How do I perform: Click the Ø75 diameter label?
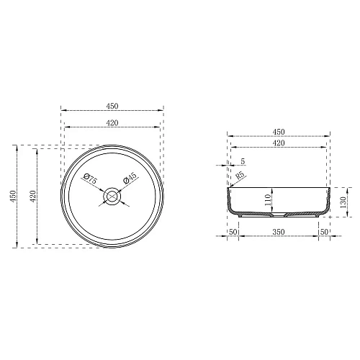89,180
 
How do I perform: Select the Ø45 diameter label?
129,180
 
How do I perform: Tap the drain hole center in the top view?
112,196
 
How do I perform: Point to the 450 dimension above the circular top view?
112,104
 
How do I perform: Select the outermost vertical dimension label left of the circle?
10,196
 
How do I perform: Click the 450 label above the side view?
279,131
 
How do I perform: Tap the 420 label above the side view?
279,144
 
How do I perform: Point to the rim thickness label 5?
243,161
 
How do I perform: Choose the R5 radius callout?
240,174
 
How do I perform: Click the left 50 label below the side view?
233,233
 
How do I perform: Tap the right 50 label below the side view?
323,233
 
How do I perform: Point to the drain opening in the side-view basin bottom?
279,214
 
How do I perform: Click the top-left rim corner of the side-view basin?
229,186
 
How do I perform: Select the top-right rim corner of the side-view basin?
329,186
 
